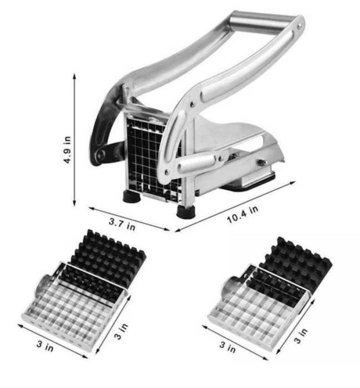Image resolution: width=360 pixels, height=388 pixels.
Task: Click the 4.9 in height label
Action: pos(67,150)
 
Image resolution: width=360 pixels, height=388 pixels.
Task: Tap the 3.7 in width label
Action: pos(122,224)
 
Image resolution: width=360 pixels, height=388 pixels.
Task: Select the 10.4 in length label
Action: pos(243,214)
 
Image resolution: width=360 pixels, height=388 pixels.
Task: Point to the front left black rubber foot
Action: pos(132,196)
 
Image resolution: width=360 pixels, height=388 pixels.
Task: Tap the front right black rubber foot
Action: pos(186,212)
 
